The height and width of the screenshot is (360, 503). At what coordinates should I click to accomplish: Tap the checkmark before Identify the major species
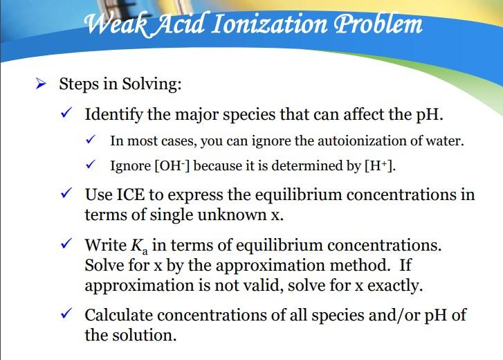67,114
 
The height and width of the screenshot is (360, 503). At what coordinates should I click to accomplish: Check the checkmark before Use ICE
67,194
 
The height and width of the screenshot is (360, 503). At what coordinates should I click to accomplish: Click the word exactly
393,285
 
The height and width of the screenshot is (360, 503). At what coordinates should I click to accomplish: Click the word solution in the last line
144,336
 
